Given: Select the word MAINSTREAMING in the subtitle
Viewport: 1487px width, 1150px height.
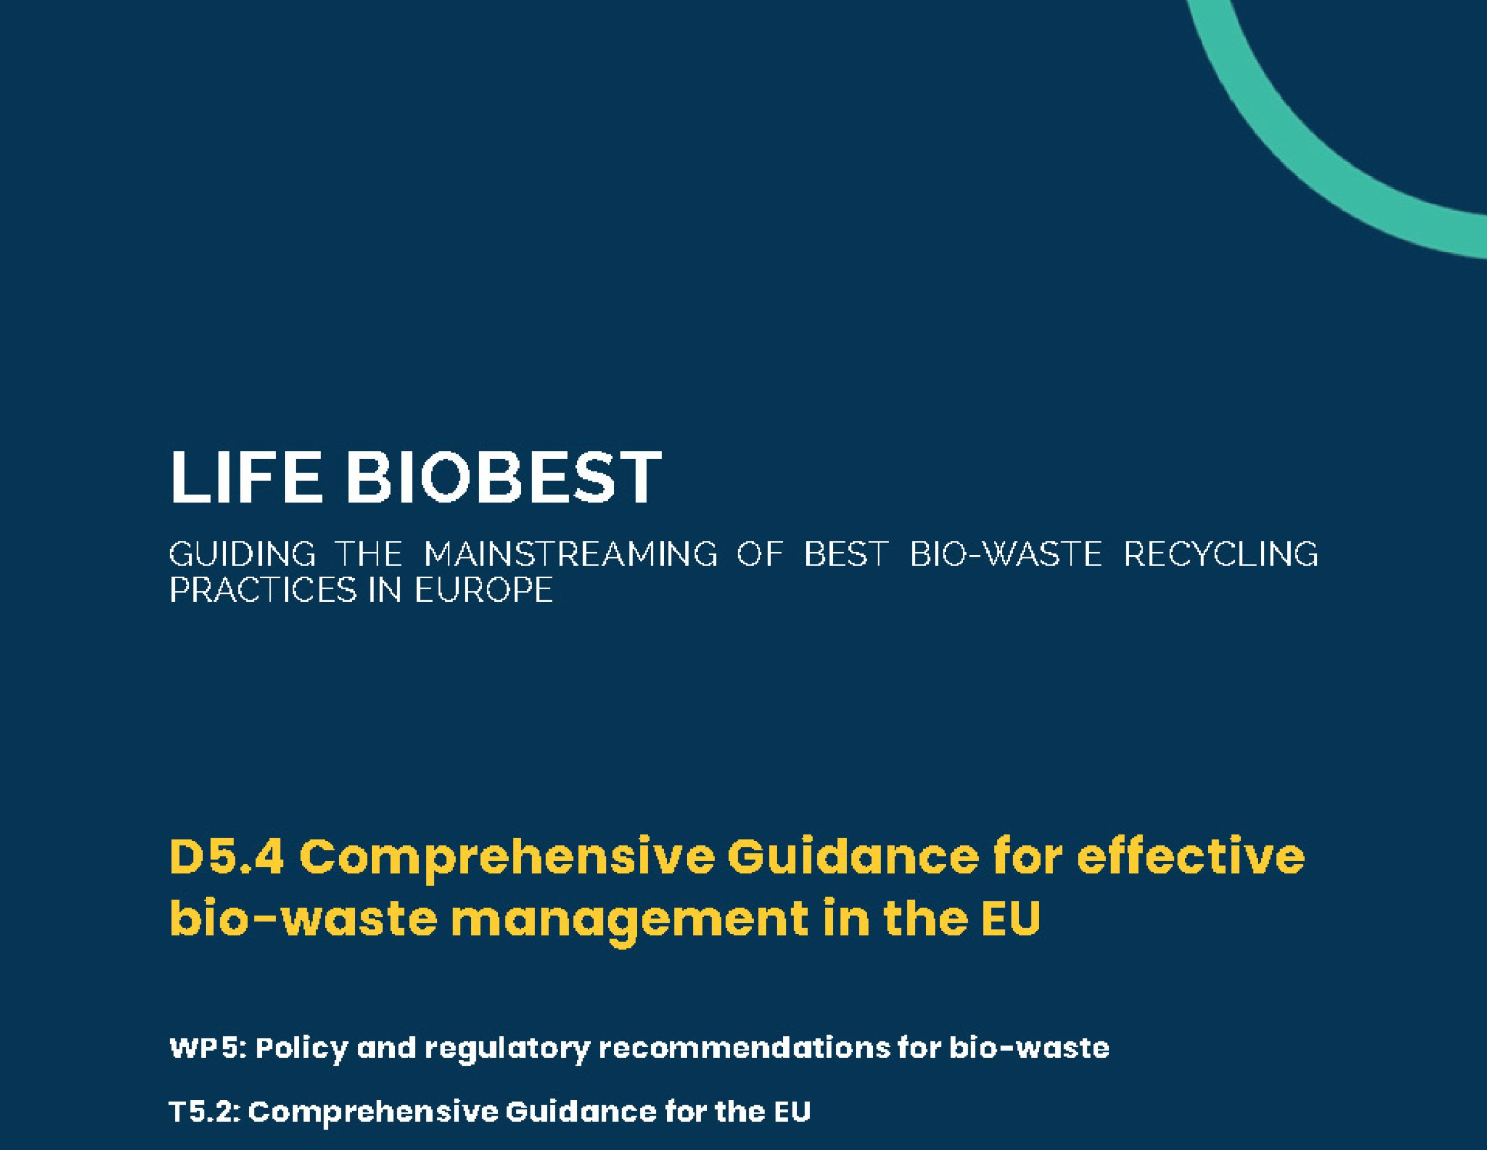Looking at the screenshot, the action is coord(570,554).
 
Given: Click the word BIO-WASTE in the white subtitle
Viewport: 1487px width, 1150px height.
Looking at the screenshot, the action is coord(1005,554).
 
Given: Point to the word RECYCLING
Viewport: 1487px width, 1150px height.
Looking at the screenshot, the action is coord(1221,554).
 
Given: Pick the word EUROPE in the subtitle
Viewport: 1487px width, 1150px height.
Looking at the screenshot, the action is coord(483,590).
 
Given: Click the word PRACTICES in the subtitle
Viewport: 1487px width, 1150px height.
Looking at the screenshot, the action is coord(262,590).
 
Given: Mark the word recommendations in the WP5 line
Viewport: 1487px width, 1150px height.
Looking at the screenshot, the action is coord(743,1048).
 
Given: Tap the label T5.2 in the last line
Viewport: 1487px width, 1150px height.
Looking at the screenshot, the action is coord(204,1112).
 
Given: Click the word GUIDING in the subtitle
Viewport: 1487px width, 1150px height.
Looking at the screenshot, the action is coord(242,554).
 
